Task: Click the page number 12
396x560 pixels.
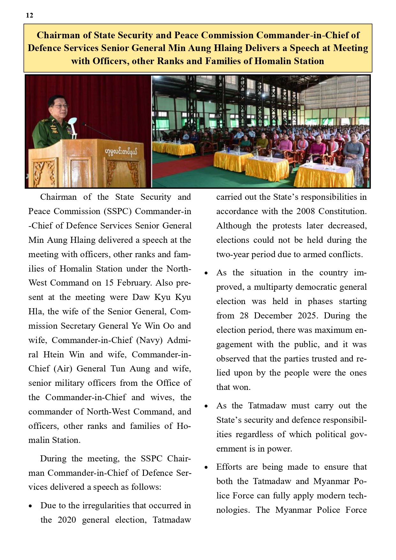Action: (x=29, y=15)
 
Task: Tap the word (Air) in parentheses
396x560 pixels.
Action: (x=63, y=369)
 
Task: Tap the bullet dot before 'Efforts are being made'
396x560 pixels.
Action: (x=206, y=468)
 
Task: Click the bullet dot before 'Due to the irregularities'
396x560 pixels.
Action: (x=30, y=506)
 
